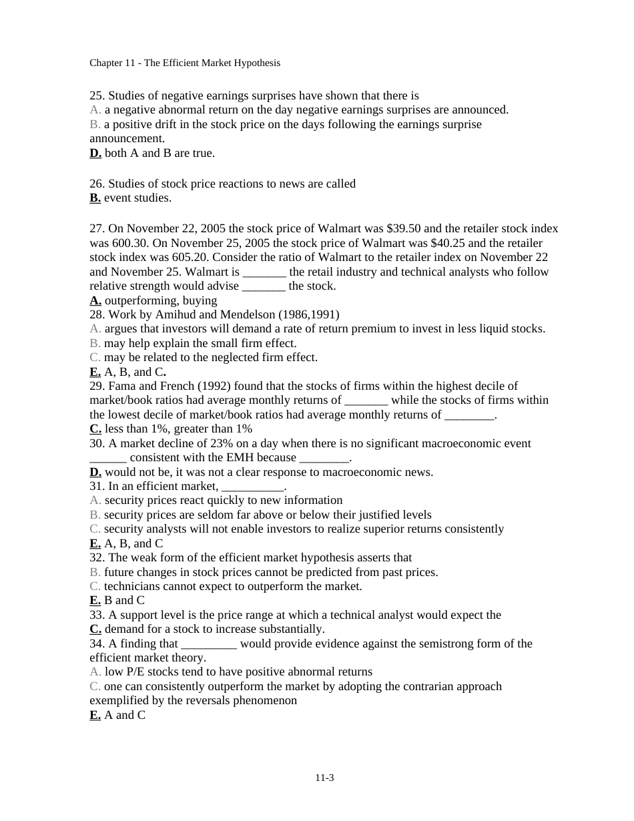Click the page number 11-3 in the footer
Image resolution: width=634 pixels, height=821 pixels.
[x=324, y=778]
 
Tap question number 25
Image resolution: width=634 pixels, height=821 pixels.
[x=97, y=95]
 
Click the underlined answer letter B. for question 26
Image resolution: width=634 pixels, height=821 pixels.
[x=95, y=198]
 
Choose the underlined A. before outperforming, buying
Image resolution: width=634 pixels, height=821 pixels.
[x=95, y=300]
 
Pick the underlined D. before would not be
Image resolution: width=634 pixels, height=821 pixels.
[x=95, y=472]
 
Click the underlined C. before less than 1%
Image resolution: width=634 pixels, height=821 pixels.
[x=95, y=429]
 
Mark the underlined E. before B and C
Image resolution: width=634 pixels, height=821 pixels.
[x=95, y=600]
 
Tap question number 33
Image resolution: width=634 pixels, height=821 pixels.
[x=97, y=615]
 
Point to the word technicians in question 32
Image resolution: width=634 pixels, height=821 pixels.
[x=131, y=586]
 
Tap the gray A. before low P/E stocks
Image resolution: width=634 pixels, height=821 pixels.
[x=95, y=671]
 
